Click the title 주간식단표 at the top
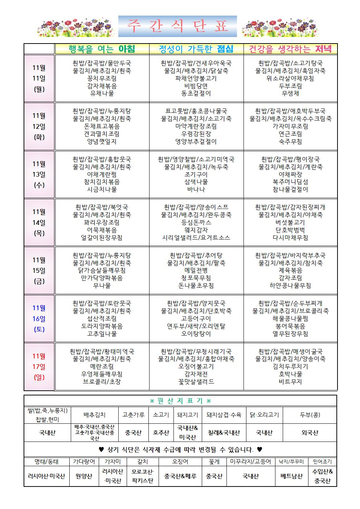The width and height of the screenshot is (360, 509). click(177, 26)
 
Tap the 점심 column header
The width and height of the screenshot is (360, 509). click(196, 49)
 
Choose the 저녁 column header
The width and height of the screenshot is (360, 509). click(290, 49)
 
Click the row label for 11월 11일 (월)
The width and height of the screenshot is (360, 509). click(39, 78)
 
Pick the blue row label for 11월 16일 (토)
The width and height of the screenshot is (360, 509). click(39, 319)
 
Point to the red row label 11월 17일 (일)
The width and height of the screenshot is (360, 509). click(39, 366)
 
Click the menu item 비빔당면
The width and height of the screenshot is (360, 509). click(196, 86)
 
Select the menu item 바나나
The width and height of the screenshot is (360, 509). click(196, 189)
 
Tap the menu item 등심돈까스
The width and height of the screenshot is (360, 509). click(196, 222)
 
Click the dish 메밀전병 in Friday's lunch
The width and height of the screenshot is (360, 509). click(196, 270)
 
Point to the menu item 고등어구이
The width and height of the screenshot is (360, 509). click(196, 319)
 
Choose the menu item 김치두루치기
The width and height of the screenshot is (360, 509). click(290, 366)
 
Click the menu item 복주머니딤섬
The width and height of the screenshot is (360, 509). click(290, 182)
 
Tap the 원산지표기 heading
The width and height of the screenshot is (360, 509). click(180, 401)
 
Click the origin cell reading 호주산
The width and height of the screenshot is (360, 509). click(161, 432)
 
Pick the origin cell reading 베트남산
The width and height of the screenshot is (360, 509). click(291, 476)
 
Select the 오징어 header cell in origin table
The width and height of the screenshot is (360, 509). click(180, 461)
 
